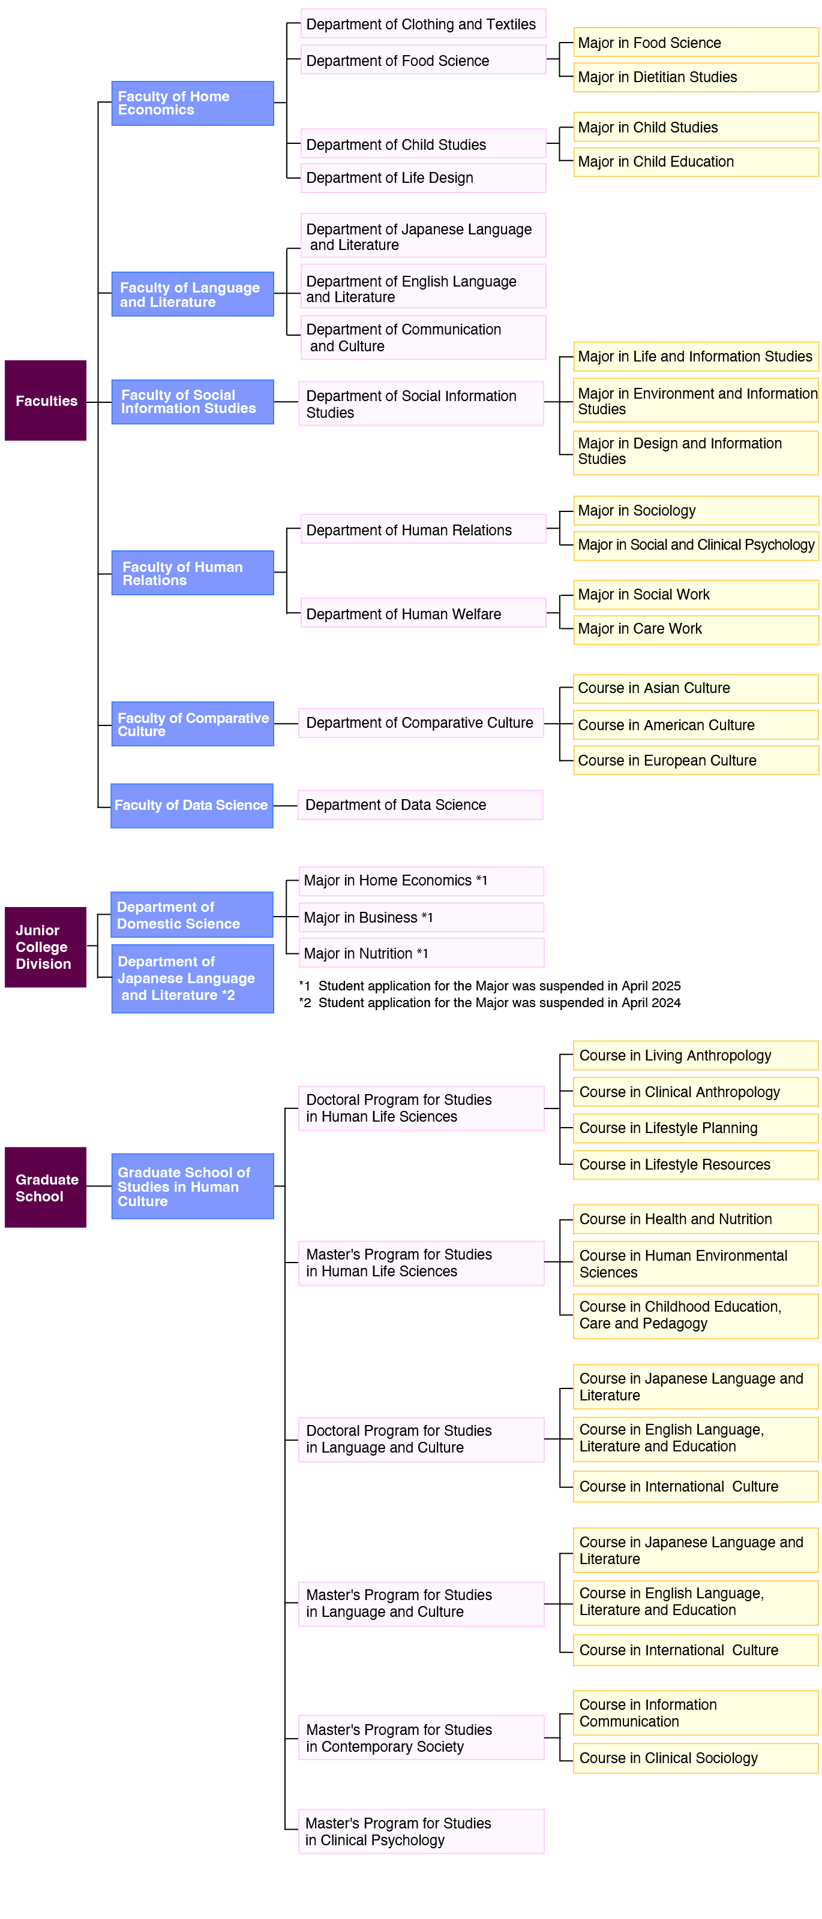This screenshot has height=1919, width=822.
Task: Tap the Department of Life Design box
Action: tap(422, 177)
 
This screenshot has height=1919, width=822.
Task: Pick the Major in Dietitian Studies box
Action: tap(695, 77)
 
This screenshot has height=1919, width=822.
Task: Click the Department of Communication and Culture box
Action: tap(422, 337)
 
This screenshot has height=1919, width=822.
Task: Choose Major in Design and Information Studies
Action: tap(695, 451)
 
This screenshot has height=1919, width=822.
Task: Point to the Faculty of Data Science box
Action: tap(191, 805)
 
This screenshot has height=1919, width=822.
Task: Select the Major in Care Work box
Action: tap(695, 629)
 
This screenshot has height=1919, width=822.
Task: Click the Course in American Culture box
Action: tap(695, 724)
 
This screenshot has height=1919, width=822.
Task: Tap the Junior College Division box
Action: tap(46, 946)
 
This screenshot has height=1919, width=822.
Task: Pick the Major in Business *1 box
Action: tap(421, 917)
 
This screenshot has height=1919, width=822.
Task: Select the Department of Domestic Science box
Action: tap(192, 914)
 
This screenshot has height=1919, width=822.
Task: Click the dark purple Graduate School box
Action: tap(46, 1187)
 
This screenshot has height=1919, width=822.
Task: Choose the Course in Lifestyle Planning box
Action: tap(695, 1128)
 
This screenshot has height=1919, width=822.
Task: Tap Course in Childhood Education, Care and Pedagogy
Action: tap(695, 1315)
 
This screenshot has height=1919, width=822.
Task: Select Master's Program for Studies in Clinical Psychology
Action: tap(421, 1830)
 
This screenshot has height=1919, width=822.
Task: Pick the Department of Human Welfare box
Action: tap(422, 613)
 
